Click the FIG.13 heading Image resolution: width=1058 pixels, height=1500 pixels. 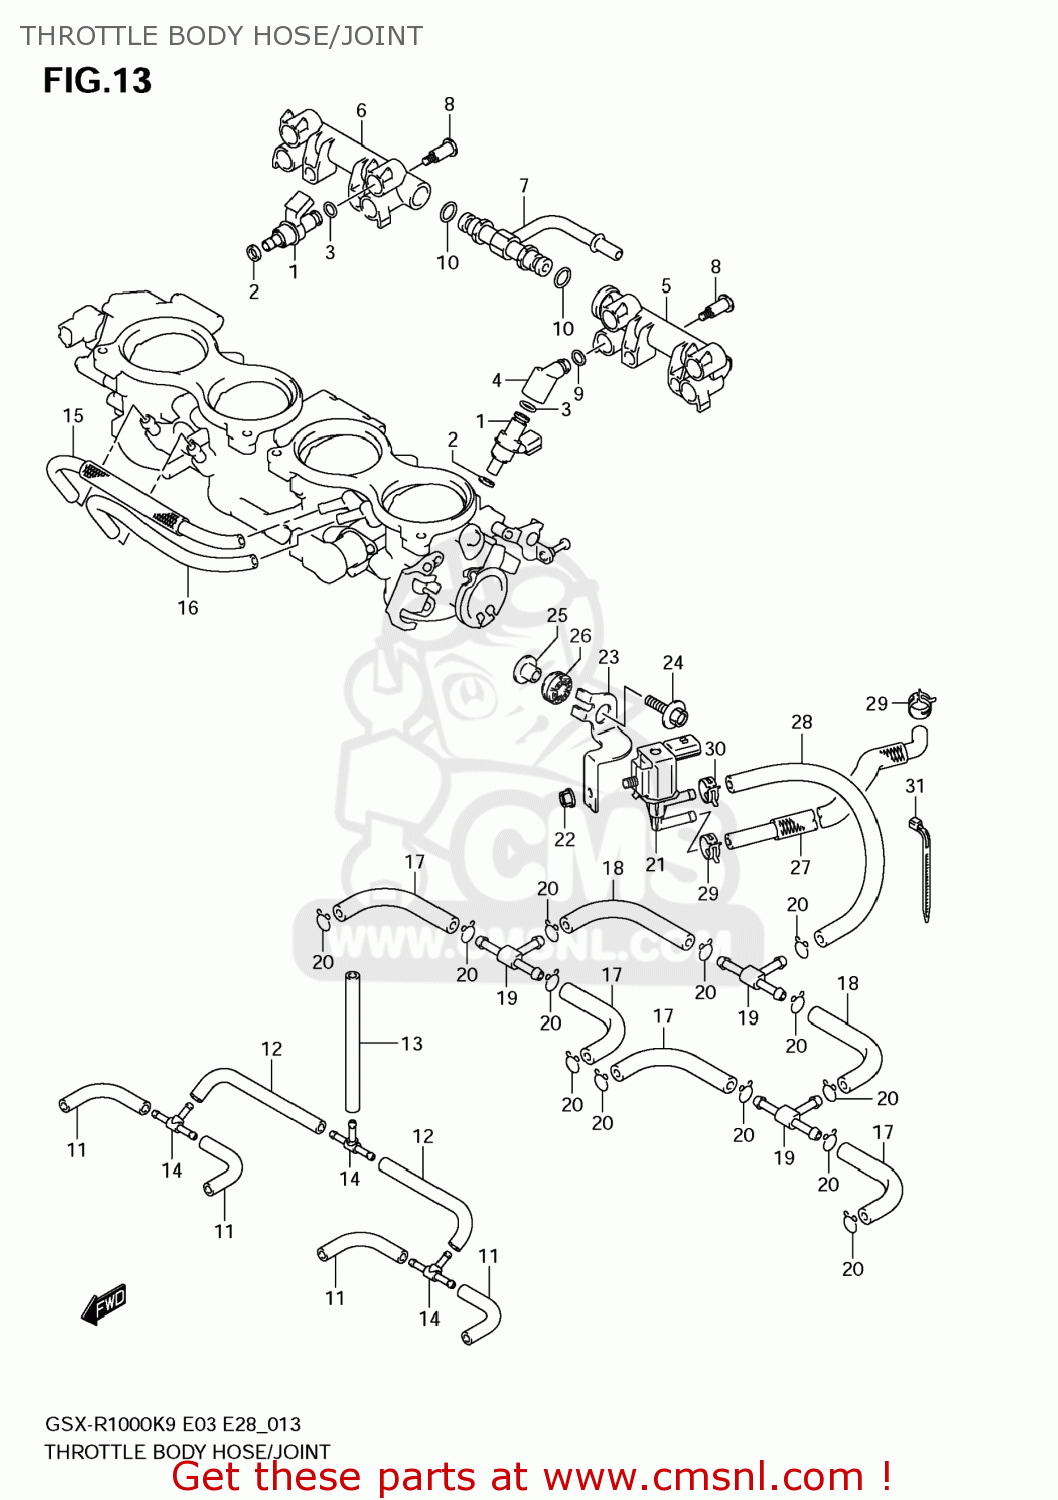tap(97, 80)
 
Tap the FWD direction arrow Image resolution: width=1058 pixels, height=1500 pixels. tap(104, 1304)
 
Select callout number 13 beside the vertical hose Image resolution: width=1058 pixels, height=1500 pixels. tap(412, 1043)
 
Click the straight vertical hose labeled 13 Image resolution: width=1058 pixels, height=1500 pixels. tap(352, 1040)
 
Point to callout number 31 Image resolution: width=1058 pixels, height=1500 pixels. tap(915, 786)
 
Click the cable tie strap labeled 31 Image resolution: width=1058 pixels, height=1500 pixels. tap(923, 870)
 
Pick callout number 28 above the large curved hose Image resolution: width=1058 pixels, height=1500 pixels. tap(802, 722)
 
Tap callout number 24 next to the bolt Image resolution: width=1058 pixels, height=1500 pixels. tap(673, 662)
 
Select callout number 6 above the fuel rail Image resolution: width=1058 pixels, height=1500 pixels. tap(361, 110)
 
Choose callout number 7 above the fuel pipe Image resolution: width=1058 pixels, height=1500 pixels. tap(524, 185)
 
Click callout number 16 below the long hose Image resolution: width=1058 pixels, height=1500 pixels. tap(188, 607)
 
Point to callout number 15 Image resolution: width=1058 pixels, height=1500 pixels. tap(73, 415)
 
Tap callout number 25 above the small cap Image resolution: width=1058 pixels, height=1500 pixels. tap(557, 615)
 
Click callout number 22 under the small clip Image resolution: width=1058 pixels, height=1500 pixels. tap(565, 839)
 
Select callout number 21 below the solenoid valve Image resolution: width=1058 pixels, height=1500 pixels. tap(655, 864)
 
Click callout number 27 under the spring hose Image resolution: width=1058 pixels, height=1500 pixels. tap(800, 867)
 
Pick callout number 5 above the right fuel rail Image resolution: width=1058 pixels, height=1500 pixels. tap(666, 285)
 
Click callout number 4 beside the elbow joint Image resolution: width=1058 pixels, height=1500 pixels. tap(497, 380)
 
